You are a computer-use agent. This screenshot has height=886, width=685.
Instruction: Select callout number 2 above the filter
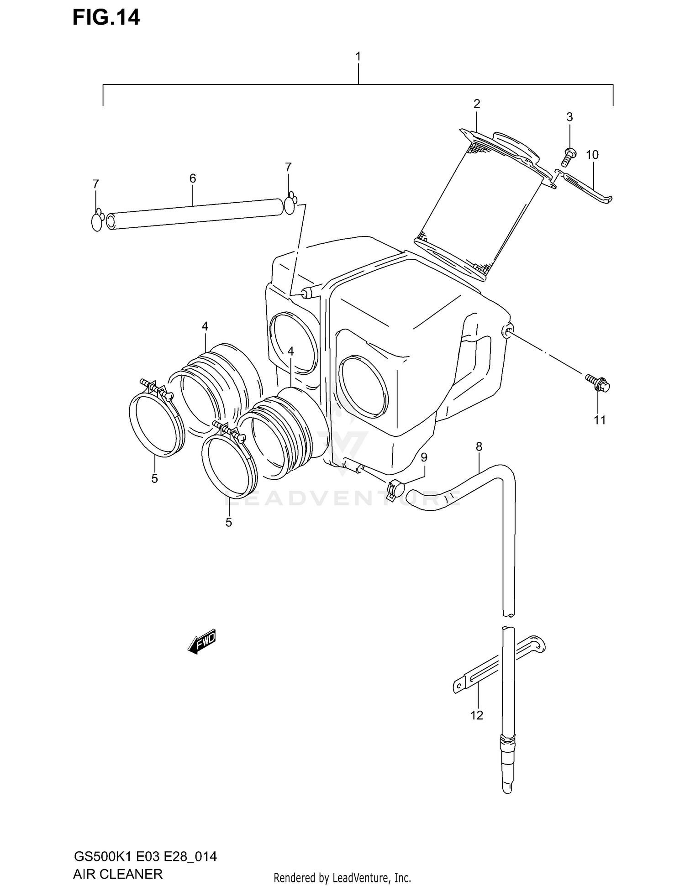point(477,104)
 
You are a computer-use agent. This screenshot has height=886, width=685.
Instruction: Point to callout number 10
point(592,155)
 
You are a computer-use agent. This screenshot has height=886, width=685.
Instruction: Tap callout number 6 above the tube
point(192,178)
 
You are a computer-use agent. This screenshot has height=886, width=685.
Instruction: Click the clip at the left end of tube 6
point(97,221)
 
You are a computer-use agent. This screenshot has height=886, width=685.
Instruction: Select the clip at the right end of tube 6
point(290,205)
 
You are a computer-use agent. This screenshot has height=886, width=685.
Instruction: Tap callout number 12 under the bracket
point(476,715)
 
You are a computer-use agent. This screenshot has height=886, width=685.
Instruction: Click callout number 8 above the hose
point(479,446)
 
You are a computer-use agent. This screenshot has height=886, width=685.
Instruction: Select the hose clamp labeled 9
point(395,489)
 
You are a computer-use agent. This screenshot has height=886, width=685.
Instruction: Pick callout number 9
point(424,457)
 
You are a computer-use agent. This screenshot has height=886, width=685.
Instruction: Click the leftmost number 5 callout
point(154,479)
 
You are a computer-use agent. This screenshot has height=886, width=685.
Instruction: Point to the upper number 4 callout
point(205,326)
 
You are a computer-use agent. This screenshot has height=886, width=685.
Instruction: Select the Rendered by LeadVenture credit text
point(342,877)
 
